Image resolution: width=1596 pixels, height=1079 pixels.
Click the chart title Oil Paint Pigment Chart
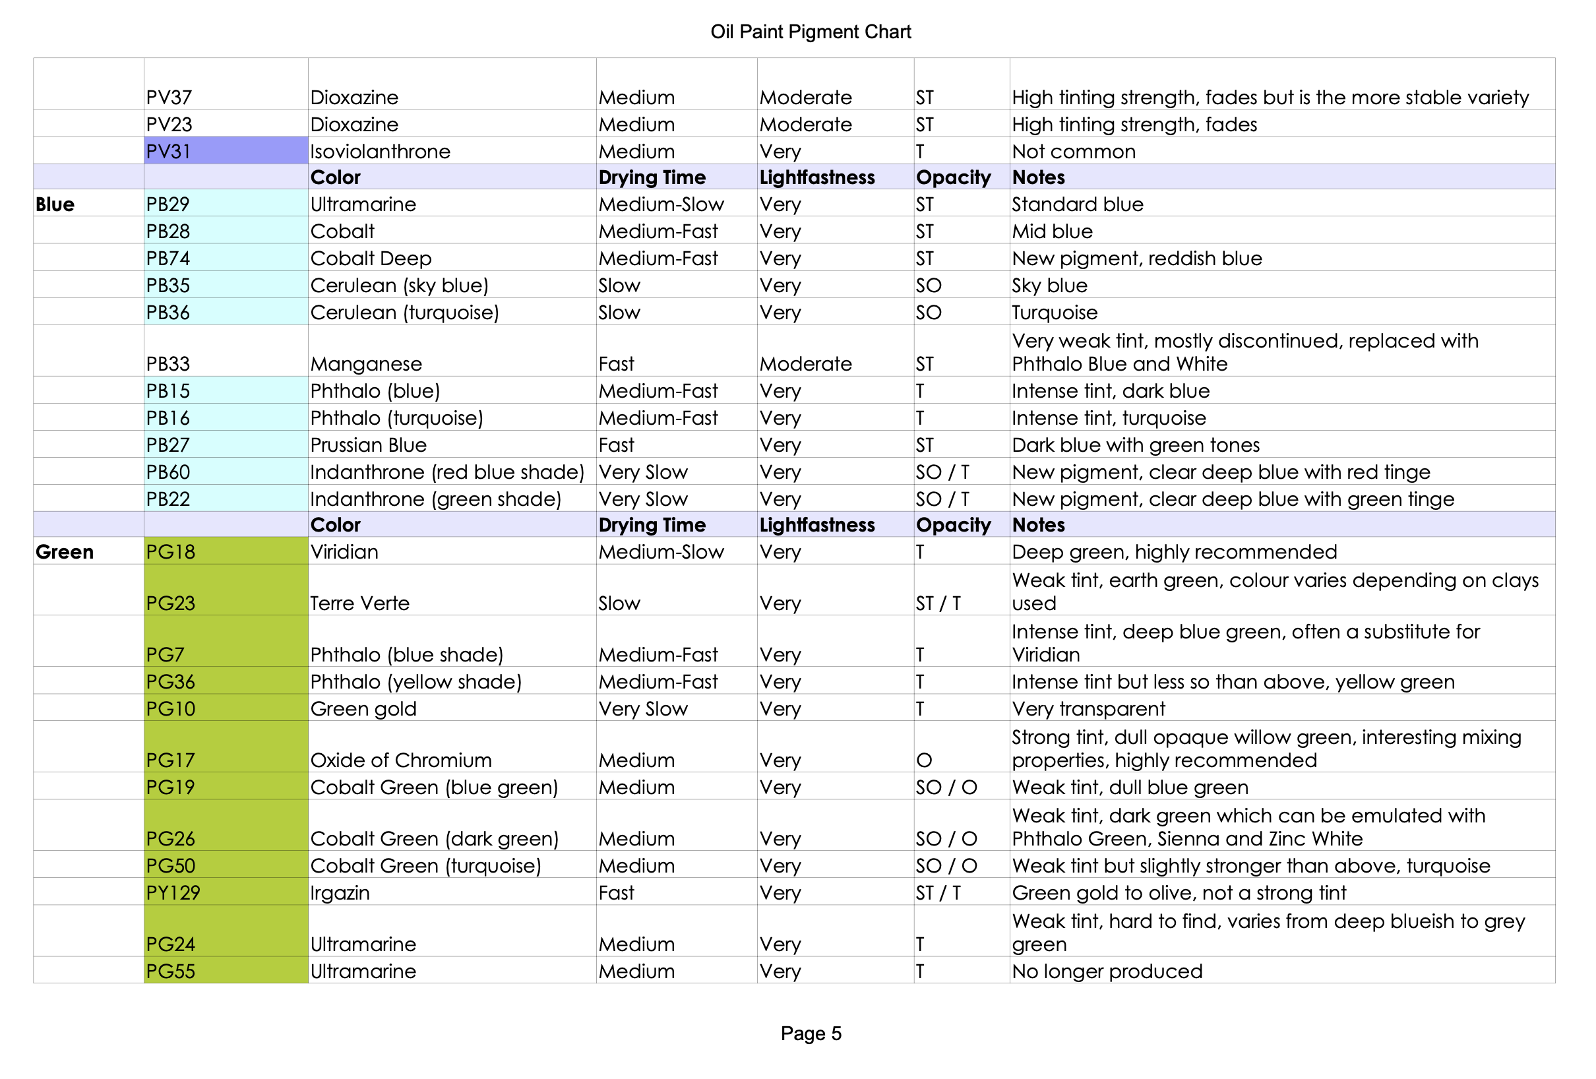811,32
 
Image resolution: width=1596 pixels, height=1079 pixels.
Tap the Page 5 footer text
811,1033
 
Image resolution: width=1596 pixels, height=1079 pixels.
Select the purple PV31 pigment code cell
226,151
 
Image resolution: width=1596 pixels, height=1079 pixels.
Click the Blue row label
55,204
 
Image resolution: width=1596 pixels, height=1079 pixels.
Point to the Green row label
65,552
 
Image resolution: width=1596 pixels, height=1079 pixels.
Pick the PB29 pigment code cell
226,204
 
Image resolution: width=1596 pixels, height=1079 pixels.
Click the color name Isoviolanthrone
381,151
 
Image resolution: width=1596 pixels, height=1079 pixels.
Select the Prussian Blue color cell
369,445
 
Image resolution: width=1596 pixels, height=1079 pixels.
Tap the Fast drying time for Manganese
616,364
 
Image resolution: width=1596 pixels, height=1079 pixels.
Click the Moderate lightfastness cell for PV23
805,124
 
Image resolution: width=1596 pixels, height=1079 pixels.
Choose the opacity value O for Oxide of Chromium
925,760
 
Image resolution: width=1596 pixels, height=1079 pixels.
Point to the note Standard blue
1078,204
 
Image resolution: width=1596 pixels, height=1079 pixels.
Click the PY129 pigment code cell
226,893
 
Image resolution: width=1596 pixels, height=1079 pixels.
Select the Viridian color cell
344,552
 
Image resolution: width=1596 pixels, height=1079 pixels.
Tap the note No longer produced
1107,971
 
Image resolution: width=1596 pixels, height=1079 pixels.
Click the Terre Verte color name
360,603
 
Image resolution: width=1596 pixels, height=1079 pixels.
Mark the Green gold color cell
363,709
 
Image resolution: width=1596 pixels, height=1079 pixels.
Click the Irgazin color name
340,893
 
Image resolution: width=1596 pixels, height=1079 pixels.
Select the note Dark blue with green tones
1136,445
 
